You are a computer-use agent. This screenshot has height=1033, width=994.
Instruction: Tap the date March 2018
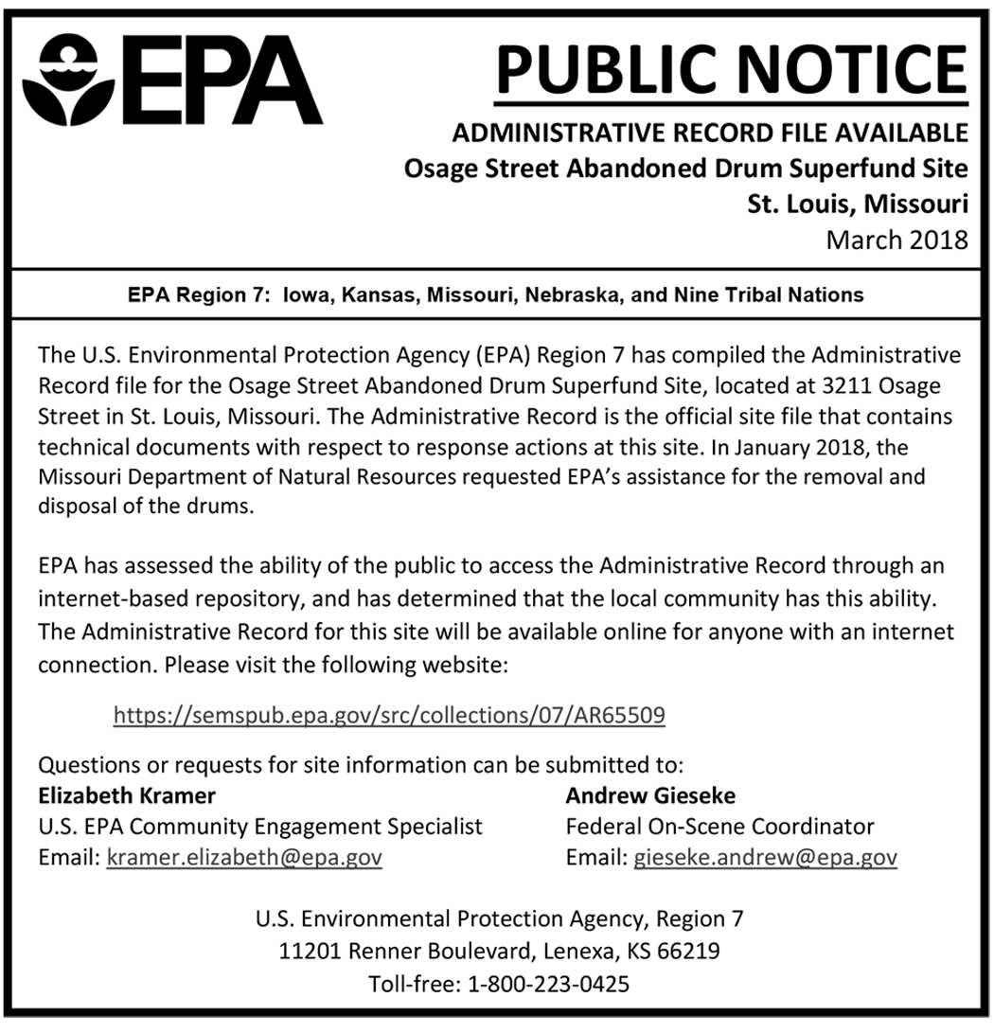[x=896, y=239]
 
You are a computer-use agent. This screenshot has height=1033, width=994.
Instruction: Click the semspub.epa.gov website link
[x=389, y=715]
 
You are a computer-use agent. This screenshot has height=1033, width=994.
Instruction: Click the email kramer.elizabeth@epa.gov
[x=244, y=858]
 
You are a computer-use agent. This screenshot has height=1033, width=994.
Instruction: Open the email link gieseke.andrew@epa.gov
[x=765, y=858]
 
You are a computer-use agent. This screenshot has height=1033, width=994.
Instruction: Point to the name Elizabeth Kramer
[x=127, y=794]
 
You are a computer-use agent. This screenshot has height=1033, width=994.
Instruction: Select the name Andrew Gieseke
[x=650, y=794]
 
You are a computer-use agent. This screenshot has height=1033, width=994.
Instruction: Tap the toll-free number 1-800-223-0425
[x=549, y=984]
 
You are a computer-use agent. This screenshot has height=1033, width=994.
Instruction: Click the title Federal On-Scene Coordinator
[x=719, y=827]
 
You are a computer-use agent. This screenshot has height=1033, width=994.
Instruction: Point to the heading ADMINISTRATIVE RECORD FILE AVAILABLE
[x=710, y=132]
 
